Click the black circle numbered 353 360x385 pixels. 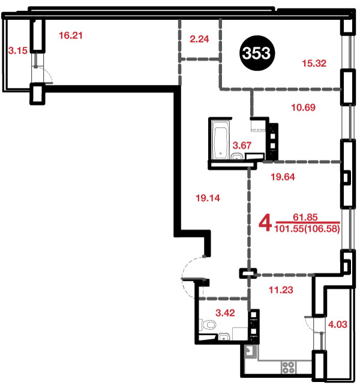257,53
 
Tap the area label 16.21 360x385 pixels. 71,35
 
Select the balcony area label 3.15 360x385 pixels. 17,50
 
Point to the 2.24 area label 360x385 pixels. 199,39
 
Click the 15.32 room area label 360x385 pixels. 314,64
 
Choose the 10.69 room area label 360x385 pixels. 303,107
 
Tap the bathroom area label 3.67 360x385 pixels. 242,145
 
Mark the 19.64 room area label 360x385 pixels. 283,177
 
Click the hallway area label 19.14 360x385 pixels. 208,198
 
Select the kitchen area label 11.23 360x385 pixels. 281,290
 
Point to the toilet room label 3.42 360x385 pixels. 225,313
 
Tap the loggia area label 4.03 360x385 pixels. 338,324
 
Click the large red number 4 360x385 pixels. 265,222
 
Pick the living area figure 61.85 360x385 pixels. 305,217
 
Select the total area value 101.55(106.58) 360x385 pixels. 307,229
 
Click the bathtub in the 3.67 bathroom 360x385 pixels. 221,140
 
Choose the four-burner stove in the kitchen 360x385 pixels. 288,368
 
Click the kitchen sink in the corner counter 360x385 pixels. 251,351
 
